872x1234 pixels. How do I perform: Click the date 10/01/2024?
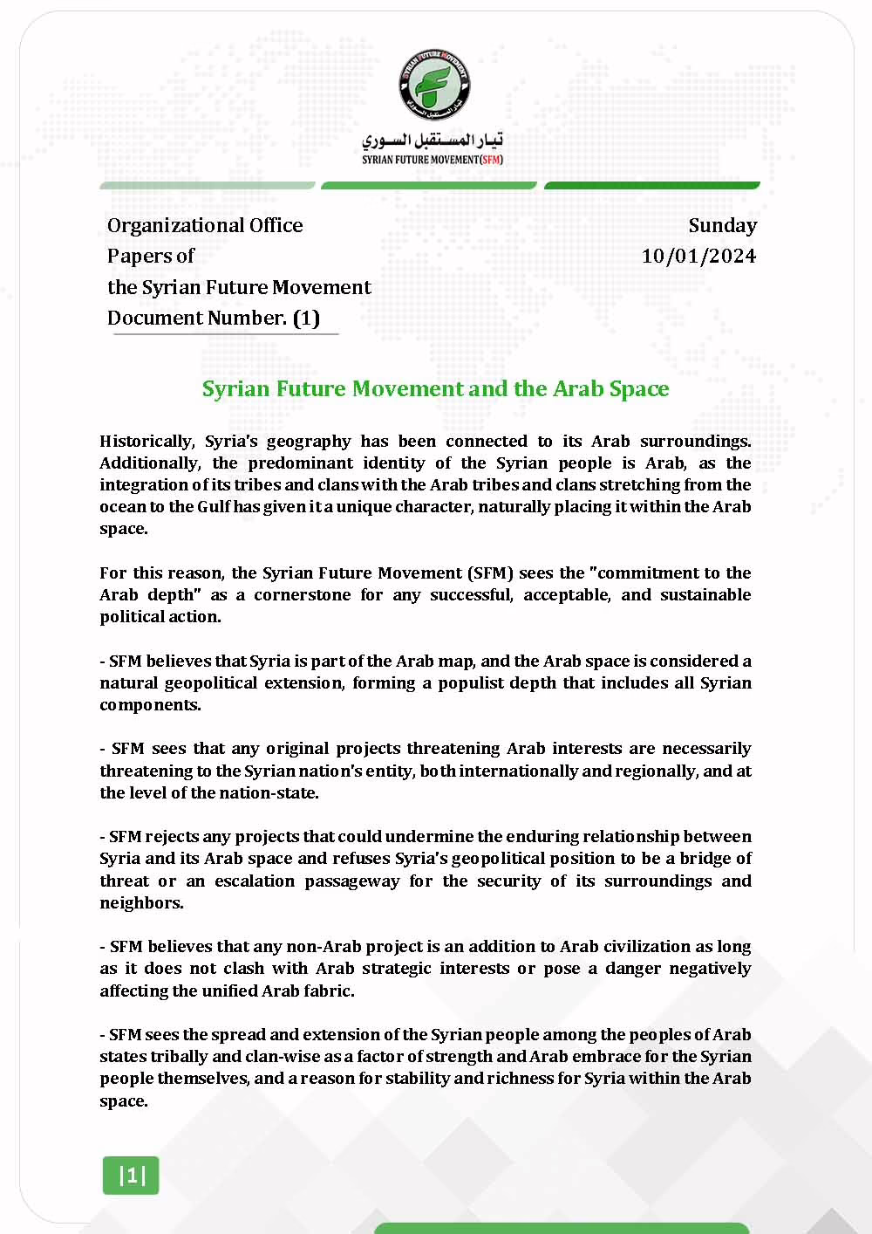698,256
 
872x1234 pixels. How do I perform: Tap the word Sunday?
722,225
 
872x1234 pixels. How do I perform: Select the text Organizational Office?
205,225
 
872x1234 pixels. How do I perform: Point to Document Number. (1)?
214,318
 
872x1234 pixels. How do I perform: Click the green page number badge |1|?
132,1176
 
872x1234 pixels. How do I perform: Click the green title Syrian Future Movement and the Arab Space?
435,388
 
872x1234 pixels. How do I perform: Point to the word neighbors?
141,903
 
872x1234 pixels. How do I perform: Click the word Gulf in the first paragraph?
214,507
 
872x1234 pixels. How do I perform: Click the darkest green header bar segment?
651,185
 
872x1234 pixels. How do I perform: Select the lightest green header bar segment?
208,185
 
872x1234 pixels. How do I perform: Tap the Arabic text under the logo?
433,140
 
